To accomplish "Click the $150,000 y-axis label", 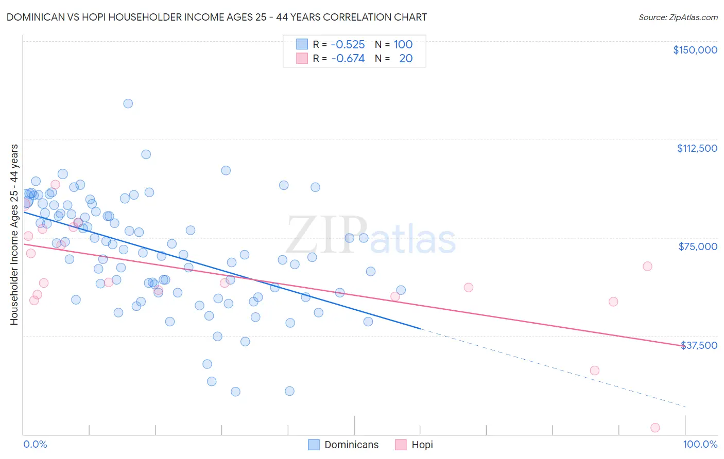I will tap(695, 50).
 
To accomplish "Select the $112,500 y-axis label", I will tap(697, 148).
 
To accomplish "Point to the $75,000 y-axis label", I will tap(698, 246).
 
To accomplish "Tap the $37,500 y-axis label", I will tap(699, 345).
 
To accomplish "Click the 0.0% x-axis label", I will tap(35, 445).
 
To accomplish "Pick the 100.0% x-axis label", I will tap(700, 445).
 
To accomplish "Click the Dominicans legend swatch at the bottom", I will tap(314, 445).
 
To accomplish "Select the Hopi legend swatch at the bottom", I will tap(401, 445).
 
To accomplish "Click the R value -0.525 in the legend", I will tap(348, 44).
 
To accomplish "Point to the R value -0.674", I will tap(348, 58).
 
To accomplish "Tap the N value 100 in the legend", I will tap(403, 44).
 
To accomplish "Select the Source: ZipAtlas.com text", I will tap(678, 17).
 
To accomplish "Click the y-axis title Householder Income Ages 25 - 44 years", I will tap(14, 235).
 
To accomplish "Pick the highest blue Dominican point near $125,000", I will tap(128, 103).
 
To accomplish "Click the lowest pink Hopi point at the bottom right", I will tap(655, 428).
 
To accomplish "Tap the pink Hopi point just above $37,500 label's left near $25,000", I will tap(594, 370).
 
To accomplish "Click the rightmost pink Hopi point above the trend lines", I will tap(647, 266).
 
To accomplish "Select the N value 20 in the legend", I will tap(406, 58).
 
